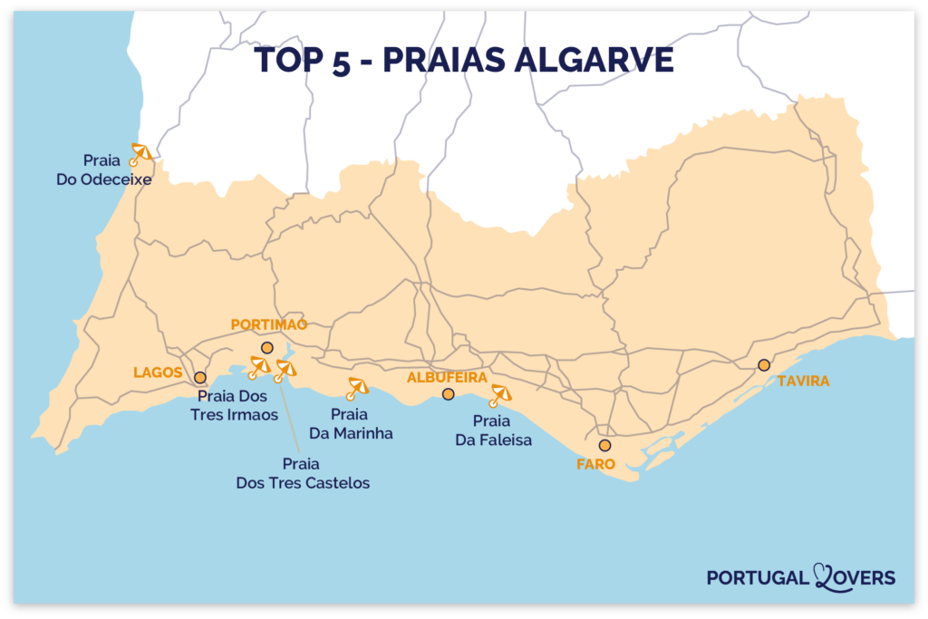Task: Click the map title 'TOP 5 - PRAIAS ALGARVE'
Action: coord(464,60)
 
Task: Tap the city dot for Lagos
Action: coord(199,377)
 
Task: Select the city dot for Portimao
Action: coord(266,348)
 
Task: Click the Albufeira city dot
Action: coord(448,393)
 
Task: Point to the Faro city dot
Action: coord(604,445)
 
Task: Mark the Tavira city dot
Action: coord(764,365)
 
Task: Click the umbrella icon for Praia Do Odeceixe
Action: coord(140,153)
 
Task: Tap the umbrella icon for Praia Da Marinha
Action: coord(357,388)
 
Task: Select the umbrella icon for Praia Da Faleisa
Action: coord(499,395)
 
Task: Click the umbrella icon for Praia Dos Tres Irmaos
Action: coord(258,366)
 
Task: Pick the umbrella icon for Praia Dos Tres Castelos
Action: coord(285,370)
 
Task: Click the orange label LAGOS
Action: coord(158,372)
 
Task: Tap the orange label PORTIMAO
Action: coord(269,324)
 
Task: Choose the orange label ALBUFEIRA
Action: coord(447,376)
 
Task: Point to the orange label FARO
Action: coord(595,464)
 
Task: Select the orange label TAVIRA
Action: coord(803,381)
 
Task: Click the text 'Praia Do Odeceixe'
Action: coord(102,169)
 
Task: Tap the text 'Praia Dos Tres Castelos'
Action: coord(303,473)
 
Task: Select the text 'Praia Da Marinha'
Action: coord(351,423)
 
